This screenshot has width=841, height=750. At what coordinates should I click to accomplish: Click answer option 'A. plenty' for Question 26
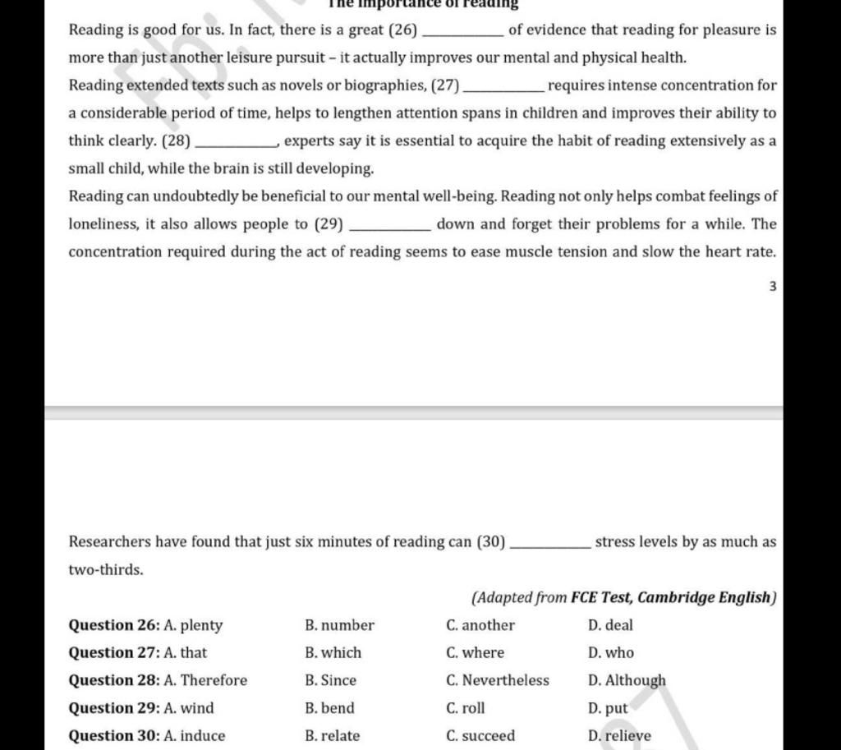click(193, 625)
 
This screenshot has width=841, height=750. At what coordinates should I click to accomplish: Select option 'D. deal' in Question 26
click(610, 625)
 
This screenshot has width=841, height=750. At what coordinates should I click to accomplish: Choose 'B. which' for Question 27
click(333, 653)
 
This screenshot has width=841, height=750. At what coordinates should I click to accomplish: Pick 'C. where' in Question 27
click(475, 653)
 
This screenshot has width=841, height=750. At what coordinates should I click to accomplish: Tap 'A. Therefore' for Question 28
click(205, 680)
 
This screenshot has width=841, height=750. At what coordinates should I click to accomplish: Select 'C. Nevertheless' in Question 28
click(498, 680)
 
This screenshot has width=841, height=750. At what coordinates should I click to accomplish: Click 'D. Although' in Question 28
click(627, 680)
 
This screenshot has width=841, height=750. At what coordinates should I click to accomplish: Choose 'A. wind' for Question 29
click(189, 708)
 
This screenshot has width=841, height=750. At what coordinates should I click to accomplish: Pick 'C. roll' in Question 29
click(466, 708)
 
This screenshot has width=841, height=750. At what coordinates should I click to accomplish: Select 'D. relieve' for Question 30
click(619, 736)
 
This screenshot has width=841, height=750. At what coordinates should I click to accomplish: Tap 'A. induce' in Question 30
click(195, 736)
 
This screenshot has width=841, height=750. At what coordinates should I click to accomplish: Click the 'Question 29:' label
click(114, 708)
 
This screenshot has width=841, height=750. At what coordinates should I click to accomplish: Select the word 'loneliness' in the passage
click(103, 224)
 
